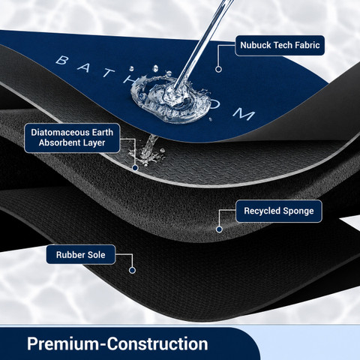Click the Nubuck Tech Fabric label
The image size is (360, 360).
pyautogui.click(x=280, y=45)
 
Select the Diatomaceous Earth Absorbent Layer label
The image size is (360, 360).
pyautogui.click(x=72, y=138)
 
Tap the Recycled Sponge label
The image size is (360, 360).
pyautogui.click(x=279, y=211)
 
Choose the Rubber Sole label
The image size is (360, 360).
pyautogui.click(x=81, y=254)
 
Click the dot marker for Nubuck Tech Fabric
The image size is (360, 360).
pyautogui.click(x=218, y=69)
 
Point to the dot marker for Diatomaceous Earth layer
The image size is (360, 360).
pyautogui.click(x=135, y=168)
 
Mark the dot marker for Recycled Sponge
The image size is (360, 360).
pyautogui.click(x=219, y=229)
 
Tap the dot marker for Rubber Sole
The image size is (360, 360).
pyautogui.click(x=132, y=270)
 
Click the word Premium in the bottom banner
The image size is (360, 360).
pyautogui.click(x=63, y=343)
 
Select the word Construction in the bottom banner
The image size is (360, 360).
pyautogui.click(x=157, y=343)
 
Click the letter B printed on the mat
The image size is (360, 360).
pyautogui.click(x=62, y=60)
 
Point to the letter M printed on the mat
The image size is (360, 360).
pyautogui.click(x=244, y=114)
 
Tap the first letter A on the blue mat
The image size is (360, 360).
pyautogui.click(x=84, y=67)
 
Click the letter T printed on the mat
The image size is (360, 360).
pyautogui.click(x=108, y=72)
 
